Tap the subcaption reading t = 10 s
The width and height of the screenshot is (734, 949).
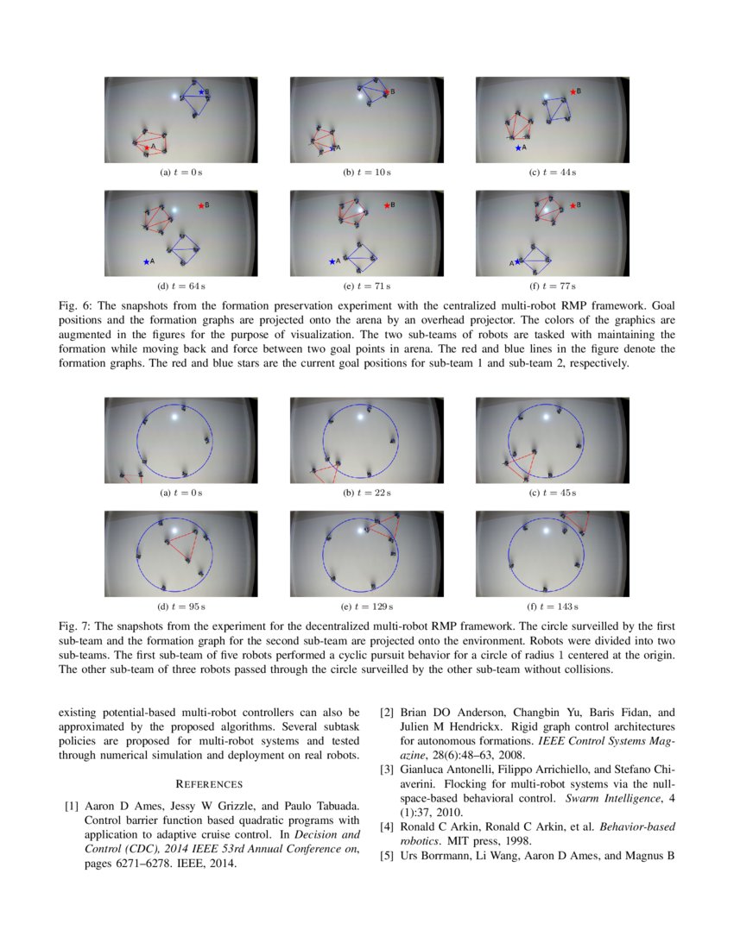[x=366, y=173]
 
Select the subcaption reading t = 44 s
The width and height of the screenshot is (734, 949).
[x=552, y=173]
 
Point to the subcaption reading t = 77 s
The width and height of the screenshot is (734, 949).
[x=552, y=286]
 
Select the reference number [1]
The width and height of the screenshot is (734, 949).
[x=73, y=806]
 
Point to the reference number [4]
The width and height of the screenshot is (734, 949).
[x=388, y=827]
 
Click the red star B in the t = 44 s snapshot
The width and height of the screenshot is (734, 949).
[x=572, y=91]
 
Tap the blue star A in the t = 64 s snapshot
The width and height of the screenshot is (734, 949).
[x=145, y=261]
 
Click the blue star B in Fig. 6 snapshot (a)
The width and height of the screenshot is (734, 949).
[x=201, y=91]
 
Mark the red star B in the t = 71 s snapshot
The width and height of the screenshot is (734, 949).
[x=386, y=205]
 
